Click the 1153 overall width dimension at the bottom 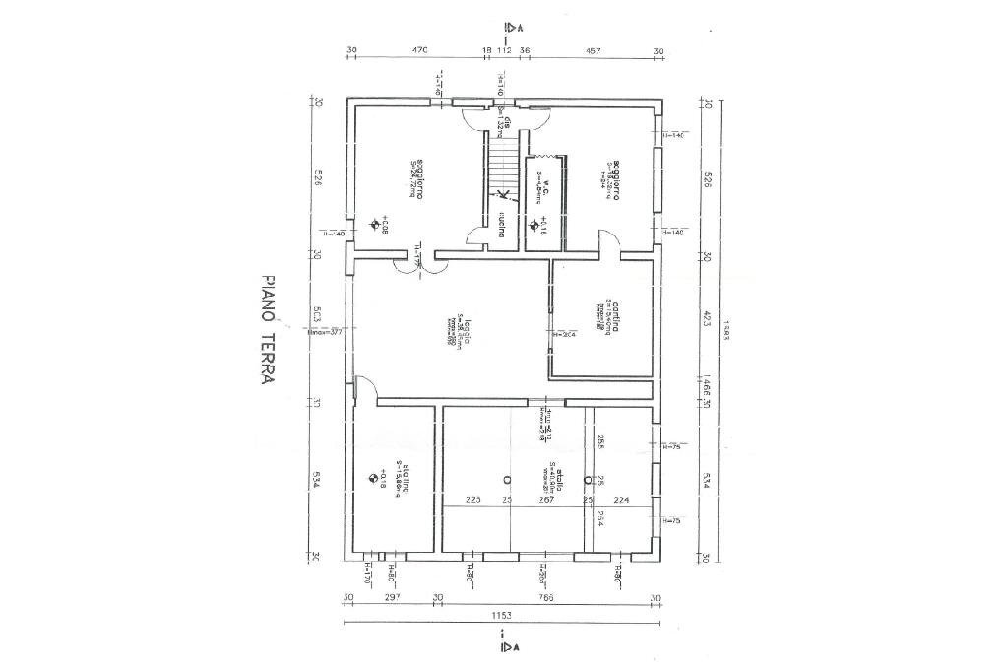[504, 615]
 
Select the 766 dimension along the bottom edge [546, 597]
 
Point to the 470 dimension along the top [419, 50]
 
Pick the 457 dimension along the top [595, 50]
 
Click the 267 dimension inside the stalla [547, 500]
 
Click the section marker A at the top [511, 27]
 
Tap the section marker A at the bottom [511, 647]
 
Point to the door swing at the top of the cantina [610, 241]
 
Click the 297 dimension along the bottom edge [391, 597]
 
